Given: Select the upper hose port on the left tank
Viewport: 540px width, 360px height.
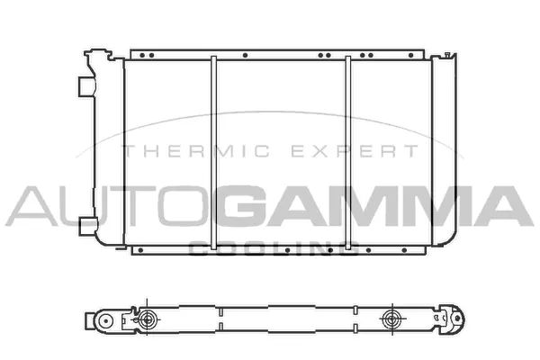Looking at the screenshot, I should click(x=85, y=85).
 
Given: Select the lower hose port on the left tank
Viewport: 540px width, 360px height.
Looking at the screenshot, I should click(x=86, y=224).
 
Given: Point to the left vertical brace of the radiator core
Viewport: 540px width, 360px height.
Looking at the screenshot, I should click(x=213, y=153).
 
